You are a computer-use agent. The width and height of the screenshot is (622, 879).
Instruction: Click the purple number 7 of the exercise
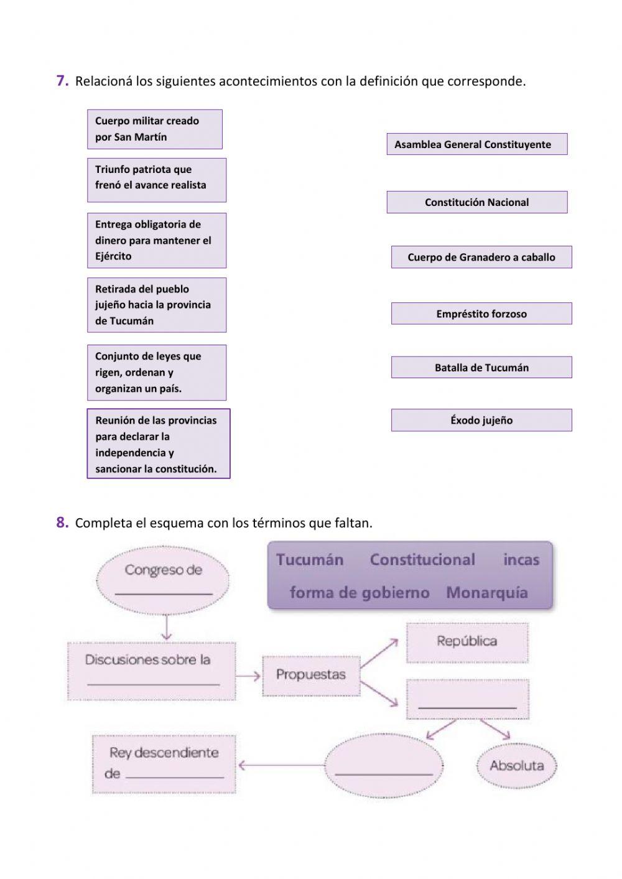pos(62,81)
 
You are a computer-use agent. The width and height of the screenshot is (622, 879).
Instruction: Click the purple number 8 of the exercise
pos(62,523)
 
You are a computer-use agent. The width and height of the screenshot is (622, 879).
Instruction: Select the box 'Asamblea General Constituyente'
pos(476,144)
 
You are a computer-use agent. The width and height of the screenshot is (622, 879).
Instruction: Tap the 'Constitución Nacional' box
pos(476,202)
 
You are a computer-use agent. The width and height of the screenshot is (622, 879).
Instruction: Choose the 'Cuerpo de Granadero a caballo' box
pos(481,257)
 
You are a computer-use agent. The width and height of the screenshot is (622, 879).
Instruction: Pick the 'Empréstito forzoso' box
pos(481,314)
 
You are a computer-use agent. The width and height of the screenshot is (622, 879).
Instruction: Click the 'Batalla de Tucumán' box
pos(481,368)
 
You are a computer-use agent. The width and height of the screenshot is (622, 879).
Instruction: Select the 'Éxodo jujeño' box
pos(481,421)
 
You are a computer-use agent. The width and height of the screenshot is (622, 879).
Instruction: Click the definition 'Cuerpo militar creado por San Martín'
pos(154,129)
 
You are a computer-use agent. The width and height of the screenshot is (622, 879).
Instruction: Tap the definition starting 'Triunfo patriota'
pos(156,180)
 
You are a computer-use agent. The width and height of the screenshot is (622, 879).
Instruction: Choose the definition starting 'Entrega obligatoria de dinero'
pos(156,240)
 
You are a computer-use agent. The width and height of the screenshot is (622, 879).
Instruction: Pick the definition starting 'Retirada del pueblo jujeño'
pos(156,305)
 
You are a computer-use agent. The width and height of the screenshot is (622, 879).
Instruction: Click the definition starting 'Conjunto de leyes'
pos(156,373)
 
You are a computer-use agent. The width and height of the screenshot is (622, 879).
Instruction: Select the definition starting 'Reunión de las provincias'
pos(158,444)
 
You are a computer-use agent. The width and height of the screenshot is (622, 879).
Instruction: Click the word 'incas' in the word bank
pos(521,560)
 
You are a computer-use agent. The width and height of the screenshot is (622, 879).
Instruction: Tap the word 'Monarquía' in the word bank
pos(486,593)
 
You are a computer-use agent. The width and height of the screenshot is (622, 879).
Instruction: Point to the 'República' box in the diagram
pos(466,642)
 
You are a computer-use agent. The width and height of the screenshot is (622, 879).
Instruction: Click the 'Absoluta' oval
pos(516,766)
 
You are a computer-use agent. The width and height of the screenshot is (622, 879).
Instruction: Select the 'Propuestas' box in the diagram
pos(311,675)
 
